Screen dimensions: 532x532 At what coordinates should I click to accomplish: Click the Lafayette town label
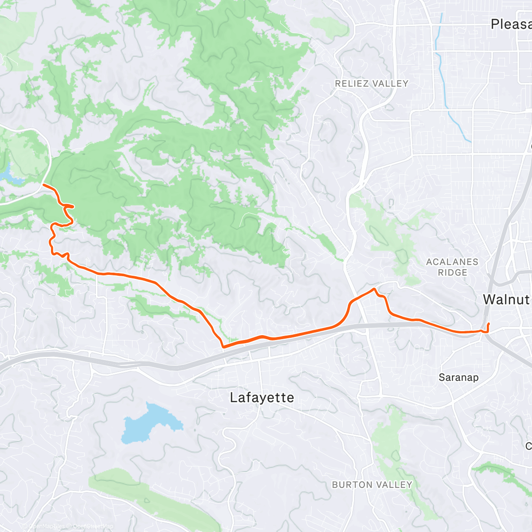click(x=262, y=398)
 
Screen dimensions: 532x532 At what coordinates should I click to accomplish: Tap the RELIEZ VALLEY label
click(x=372, y=83)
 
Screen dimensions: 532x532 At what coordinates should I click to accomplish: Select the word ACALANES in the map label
click(x=452, y=262)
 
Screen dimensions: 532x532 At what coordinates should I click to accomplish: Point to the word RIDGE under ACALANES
click(x=453, y=273)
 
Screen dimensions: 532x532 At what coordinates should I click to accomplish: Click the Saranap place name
click(x=458, y=378)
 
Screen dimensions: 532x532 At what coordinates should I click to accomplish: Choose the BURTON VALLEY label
click(x=372, y=485)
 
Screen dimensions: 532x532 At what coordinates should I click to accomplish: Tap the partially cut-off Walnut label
click(x=506, y=299)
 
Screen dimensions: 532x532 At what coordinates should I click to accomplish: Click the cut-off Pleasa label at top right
click(x=511, y=24)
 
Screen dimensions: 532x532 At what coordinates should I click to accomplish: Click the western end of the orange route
click(x=43, y=184)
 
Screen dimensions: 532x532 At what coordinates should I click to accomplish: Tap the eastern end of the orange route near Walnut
click(x=488, y=324)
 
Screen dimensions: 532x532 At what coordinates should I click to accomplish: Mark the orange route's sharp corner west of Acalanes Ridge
click(x=375, y=289)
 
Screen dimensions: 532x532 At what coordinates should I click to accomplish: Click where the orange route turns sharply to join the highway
click(x=223, y=347)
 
